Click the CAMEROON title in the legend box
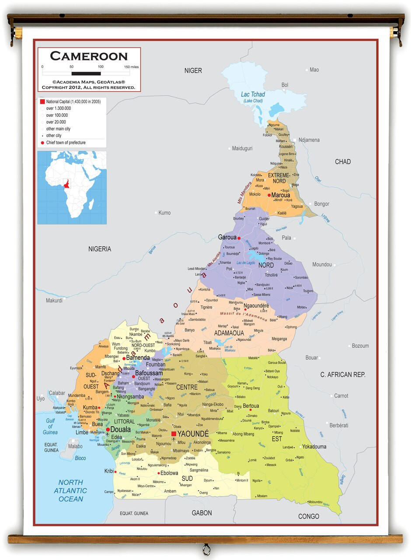click(89, 56)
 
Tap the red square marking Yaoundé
click(174, 434)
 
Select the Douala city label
click(120, 430)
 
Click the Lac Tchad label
click(253, 94)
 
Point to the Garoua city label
click(227, 238)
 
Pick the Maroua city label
click(281, 195)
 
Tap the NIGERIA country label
click(100, 249)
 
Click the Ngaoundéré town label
click(256, 306)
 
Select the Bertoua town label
click(251, 406)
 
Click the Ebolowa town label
click(169, 473)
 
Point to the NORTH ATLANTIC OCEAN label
click(70, 490)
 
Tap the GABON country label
click(202, 513)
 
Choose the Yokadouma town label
click(314, 447)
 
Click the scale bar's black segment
click(86, 73)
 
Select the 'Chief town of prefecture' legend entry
click(66, 143)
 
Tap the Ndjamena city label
click(309, 140)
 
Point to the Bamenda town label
click(138, 357)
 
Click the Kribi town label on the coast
click(109, 471)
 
